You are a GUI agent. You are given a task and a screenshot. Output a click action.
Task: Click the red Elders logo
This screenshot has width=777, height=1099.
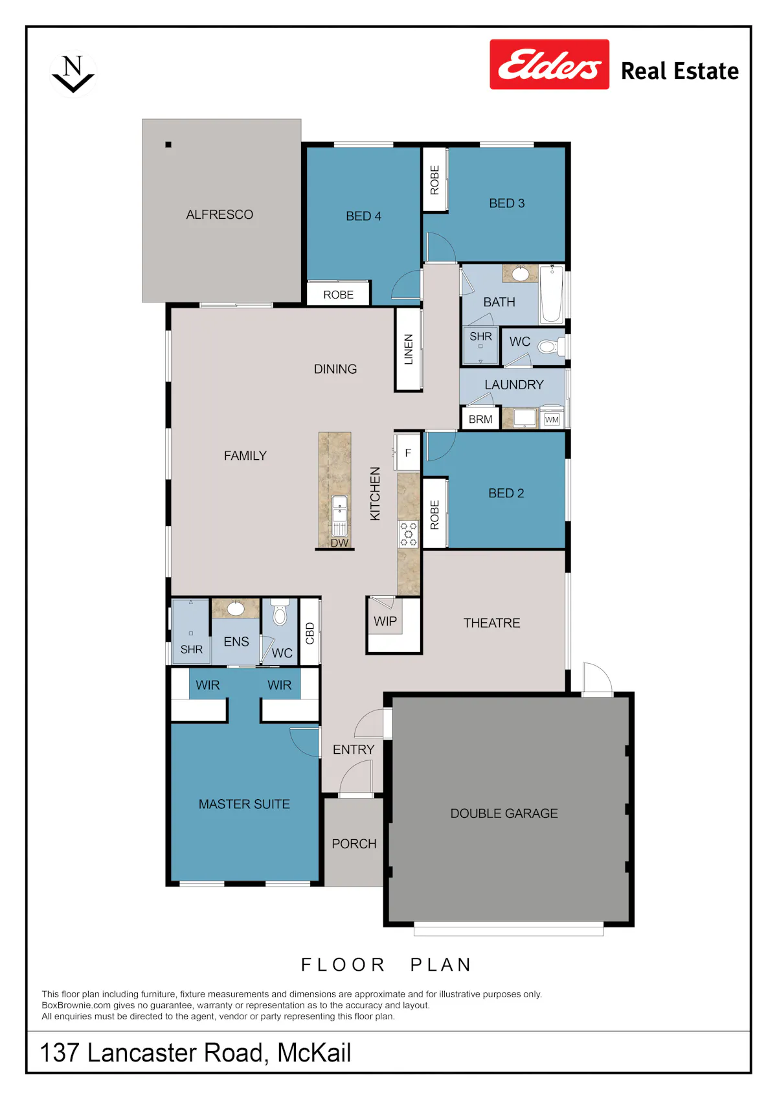pos(549,64)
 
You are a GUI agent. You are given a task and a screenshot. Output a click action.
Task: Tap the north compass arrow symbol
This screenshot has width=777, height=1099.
pos(73,74)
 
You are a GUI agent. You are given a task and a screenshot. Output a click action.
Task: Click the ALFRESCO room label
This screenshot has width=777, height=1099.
pos(220,214)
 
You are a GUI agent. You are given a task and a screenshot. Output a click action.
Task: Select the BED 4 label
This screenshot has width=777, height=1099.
pos(363,216)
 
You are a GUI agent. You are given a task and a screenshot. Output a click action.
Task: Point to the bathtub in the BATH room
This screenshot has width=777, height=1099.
pos(552,295)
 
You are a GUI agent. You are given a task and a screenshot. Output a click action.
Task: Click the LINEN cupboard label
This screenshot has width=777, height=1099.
pos(408,349)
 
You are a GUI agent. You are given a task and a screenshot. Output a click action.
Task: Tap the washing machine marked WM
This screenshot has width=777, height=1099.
pos(552,418)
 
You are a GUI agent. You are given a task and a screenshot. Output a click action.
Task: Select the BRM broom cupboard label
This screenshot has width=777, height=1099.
pos(480,420)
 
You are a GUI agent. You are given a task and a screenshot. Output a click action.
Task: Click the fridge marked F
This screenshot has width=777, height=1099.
pos(408,453)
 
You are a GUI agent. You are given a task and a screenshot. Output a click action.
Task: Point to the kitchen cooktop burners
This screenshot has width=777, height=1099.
pos(408,534)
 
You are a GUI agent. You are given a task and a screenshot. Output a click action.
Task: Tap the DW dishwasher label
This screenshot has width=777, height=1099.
pos(339,543)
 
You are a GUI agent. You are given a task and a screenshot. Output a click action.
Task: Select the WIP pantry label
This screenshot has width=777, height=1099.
pos(385,621)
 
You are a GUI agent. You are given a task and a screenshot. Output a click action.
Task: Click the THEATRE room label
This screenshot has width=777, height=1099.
pos(491,622)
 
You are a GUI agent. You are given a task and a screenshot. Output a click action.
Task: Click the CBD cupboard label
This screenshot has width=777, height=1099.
pos(310,633)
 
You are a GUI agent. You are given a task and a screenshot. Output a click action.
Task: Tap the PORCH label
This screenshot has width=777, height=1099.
pos(354,843)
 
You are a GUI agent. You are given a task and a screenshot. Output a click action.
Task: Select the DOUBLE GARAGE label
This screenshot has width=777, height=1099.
pos(504,813)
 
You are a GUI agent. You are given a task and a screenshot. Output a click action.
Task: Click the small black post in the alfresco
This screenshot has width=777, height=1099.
pos(168,144)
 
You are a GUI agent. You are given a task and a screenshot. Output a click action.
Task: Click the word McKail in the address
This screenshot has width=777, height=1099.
pos(314,1052)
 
